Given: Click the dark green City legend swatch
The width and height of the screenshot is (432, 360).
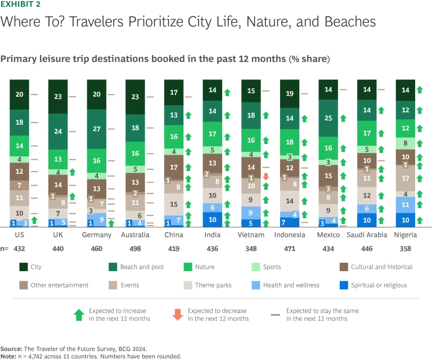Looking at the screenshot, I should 24,267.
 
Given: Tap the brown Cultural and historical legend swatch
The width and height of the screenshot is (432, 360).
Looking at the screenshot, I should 344,267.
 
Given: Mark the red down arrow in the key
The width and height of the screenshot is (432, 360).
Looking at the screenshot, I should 177,315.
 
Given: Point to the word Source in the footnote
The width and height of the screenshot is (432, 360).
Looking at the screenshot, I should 12,349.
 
